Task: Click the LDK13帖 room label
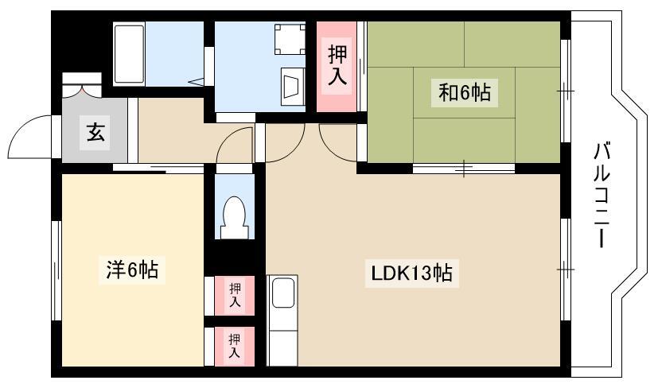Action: [411, 274]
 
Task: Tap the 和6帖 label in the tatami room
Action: [465, 92]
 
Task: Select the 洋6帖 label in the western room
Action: [132, 270]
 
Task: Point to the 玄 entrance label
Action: [95, 132]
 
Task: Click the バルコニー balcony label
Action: [602, 195]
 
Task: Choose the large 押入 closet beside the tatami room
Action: [337, 67]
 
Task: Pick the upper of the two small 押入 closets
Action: [235, 295]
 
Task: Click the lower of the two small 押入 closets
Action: [235, 346]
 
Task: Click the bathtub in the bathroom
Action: [129, 54]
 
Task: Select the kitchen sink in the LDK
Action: [282, 293]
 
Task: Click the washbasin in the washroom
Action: [293, 87]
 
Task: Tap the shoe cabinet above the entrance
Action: [82, 85]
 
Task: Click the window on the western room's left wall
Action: [56, 270]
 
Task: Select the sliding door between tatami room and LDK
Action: [464, 169]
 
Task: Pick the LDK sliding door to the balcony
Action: [565, 270]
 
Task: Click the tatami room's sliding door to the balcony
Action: [565, 91]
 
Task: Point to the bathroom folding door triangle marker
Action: [197, 81]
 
